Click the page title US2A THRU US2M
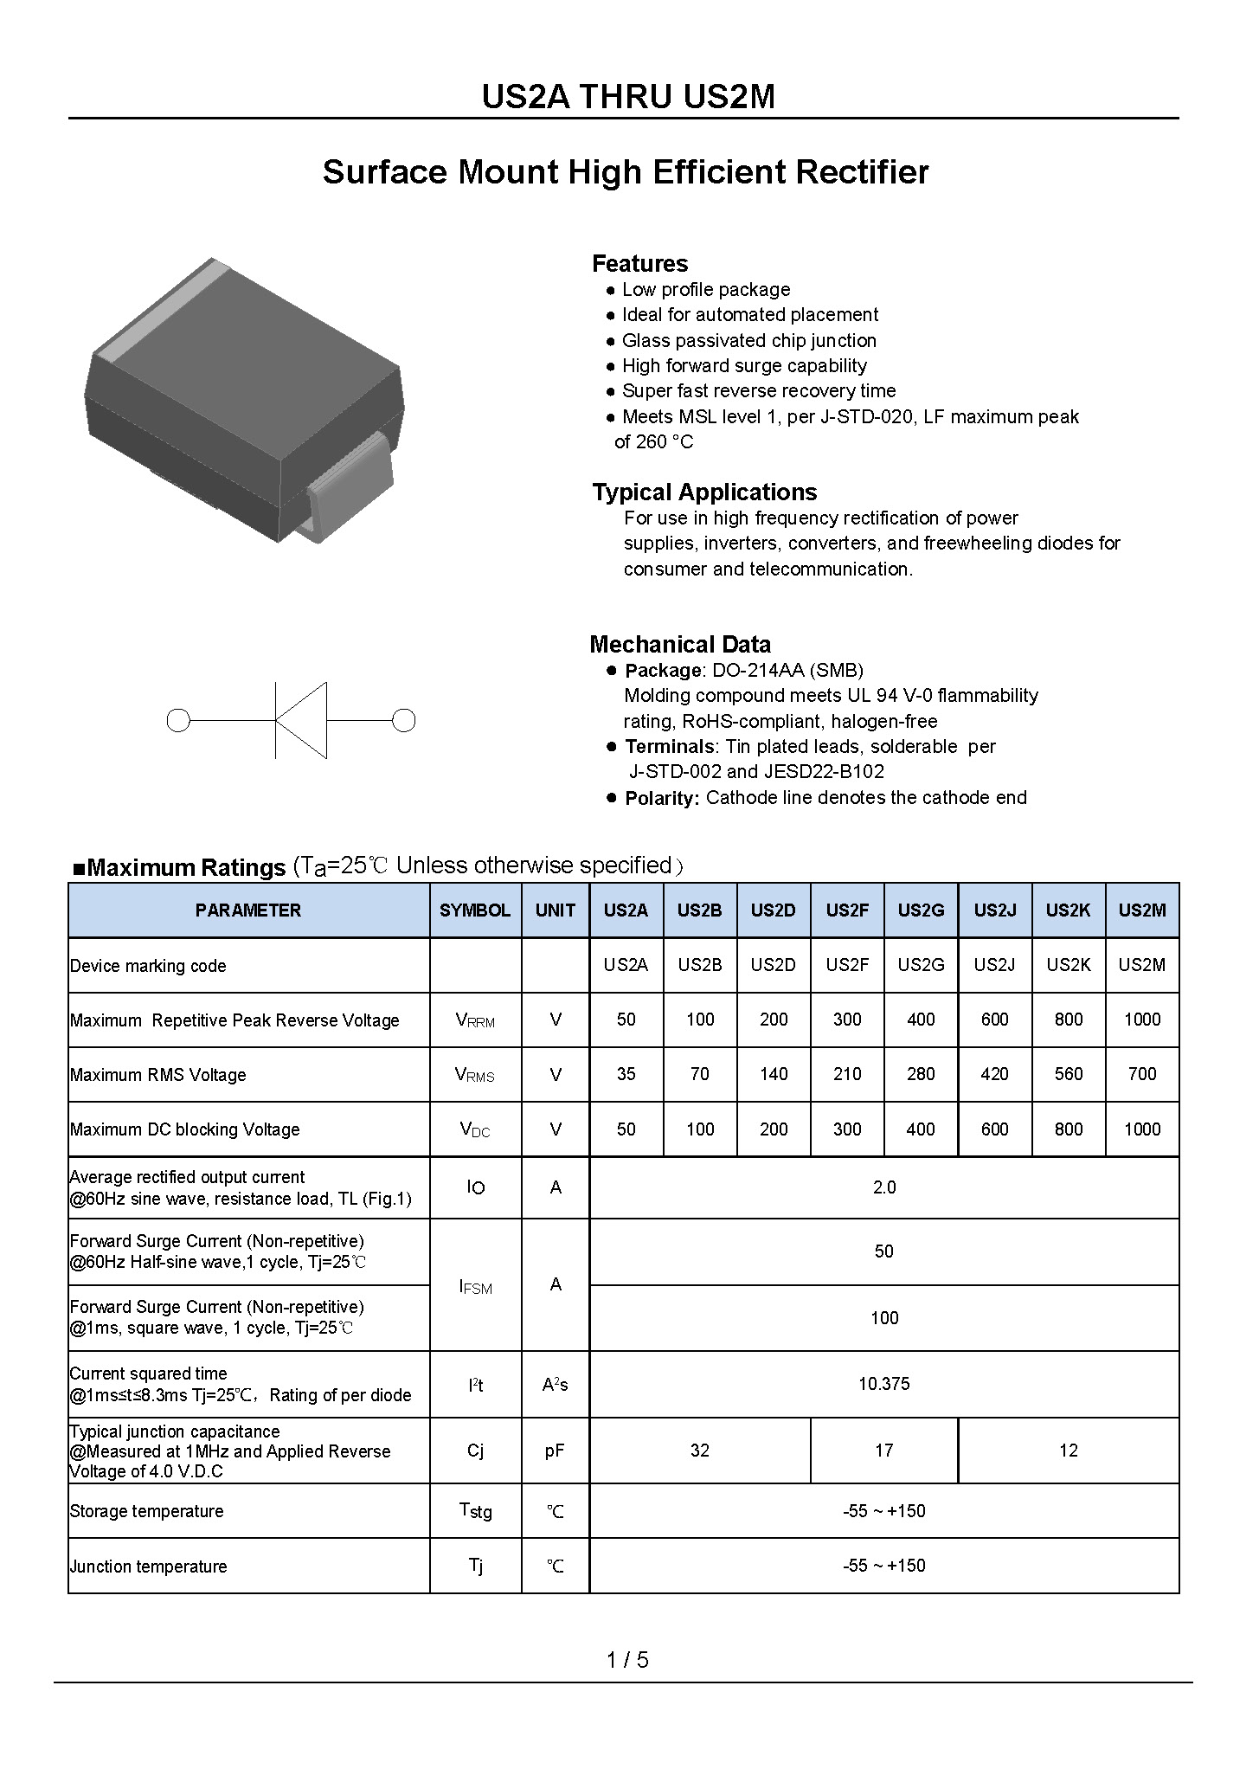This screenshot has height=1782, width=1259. coord(628,97)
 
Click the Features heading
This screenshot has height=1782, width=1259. coord(639,264)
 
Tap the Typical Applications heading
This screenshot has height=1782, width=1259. coord(704,492)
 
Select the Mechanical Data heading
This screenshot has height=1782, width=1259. coord(680,645)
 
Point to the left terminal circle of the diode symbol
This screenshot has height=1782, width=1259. coord(177,720)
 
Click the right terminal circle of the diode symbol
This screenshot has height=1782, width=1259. coord(404,720)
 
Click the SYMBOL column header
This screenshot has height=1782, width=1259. coord(475,910)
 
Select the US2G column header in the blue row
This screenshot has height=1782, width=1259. coord(921,910)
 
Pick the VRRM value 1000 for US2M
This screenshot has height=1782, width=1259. coord(1142,1020)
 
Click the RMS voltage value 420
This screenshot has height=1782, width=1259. coord(994,1074)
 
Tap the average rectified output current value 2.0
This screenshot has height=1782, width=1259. coord(884,1187)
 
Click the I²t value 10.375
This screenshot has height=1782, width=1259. coord(884,1384)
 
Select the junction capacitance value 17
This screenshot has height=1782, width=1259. coord(883,1451)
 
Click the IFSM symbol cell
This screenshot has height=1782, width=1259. coord(475,1287)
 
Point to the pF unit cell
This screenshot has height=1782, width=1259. coord(555,1451)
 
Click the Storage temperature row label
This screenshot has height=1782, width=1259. coord(147,1511)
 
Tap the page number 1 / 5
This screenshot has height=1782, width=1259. coord(628,1660)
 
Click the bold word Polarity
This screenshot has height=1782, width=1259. coord(662,798)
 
